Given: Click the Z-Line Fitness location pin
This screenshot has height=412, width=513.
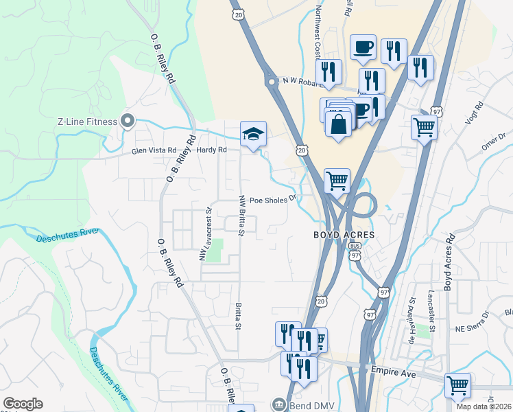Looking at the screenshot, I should [127, 122].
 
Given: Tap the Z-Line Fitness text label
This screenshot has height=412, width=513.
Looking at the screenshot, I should [87, 122].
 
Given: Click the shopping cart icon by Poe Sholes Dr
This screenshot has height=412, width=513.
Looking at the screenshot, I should [337, 181].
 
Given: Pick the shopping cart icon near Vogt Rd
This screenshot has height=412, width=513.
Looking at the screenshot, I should [424, 127].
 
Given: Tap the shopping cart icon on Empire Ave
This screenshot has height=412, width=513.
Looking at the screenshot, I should [457, 385].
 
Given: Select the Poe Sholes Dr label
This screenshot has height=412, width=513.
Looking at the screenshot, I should [272, 200].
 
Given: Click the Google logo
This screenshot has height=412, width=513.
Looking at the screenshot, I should [23, 404].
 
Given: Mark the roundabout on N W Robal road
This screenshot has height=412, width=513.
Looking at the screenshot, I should [272, 82].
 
